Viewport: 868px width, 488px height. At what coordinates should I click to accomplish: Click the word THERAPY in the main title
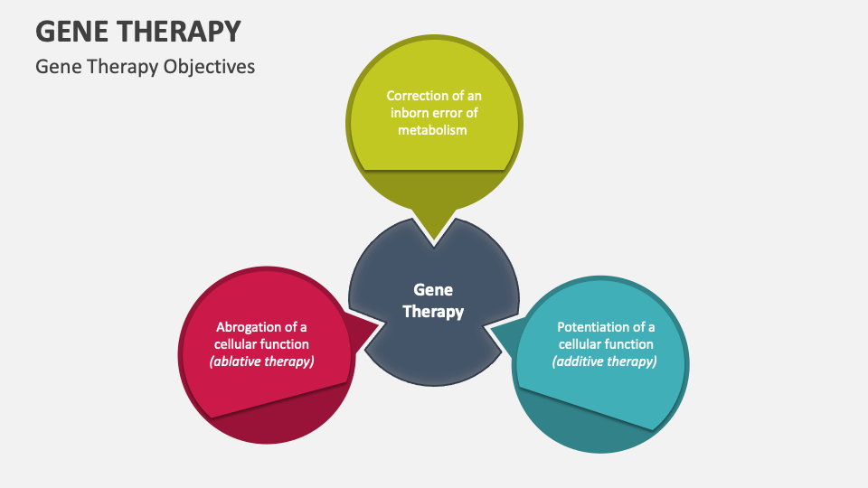click(x=184, y=31)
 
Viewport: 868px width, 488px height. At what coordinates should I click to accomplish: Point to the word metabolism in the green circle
click(x=433, y=129)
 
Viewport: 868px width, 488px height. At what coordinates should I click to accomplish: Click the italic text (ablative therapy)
click(x=261, y=361)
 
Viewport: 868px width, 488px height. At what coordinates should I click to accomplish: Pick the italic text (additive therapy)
click(x=606, y=361)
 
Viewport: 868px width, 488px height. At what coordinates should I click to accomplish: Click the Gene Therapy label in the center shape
click(x=433, y=301)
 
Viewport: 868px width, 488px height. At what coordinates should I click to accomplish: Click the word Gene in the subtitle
click(x=53, y=67)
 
